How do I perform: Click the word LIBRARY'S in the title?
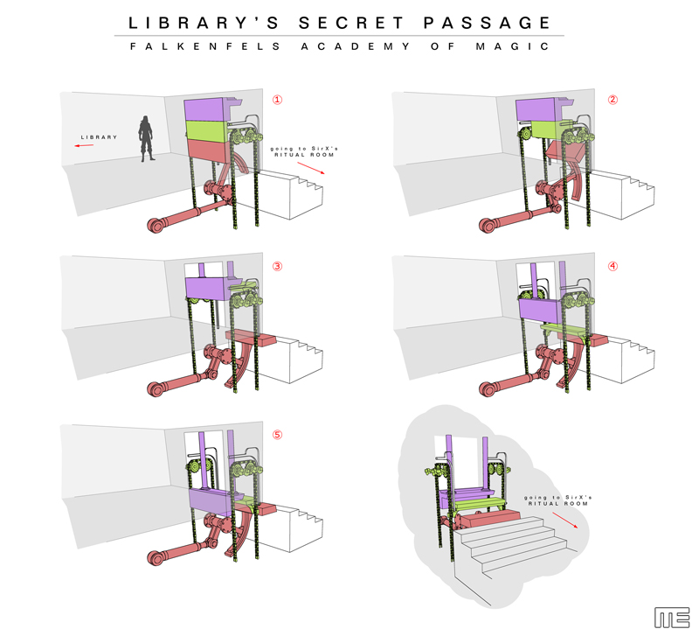point(204,23)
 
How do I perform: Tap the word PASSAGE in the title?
point(487,23)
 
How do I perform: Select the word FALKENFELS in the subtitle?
point(205,46)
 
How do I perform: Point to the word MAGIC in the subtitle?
point(512,46)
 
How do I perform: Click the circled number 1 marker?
point(277,100)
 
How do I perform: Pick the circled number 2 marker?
point(613,100)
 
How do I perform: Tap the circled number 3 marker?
point(277,267)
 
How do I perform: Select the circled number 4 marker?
point(613,267)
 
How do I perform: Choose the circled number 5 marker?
point(277,435)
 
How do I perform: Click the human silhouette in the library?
point(146,138)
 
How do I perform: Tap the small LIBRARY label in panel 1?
point(99,137)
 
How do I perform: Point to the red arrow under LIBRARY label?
point(84,145)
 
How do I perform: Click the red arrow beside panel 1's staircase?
point(311,168)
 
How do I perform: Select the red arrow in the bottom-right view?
point(565,520)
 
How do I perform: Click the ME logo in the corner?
point(672,618)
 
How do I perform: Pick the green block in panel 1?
point(207,130)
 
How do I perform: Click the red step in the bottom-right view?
point(489,519)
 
